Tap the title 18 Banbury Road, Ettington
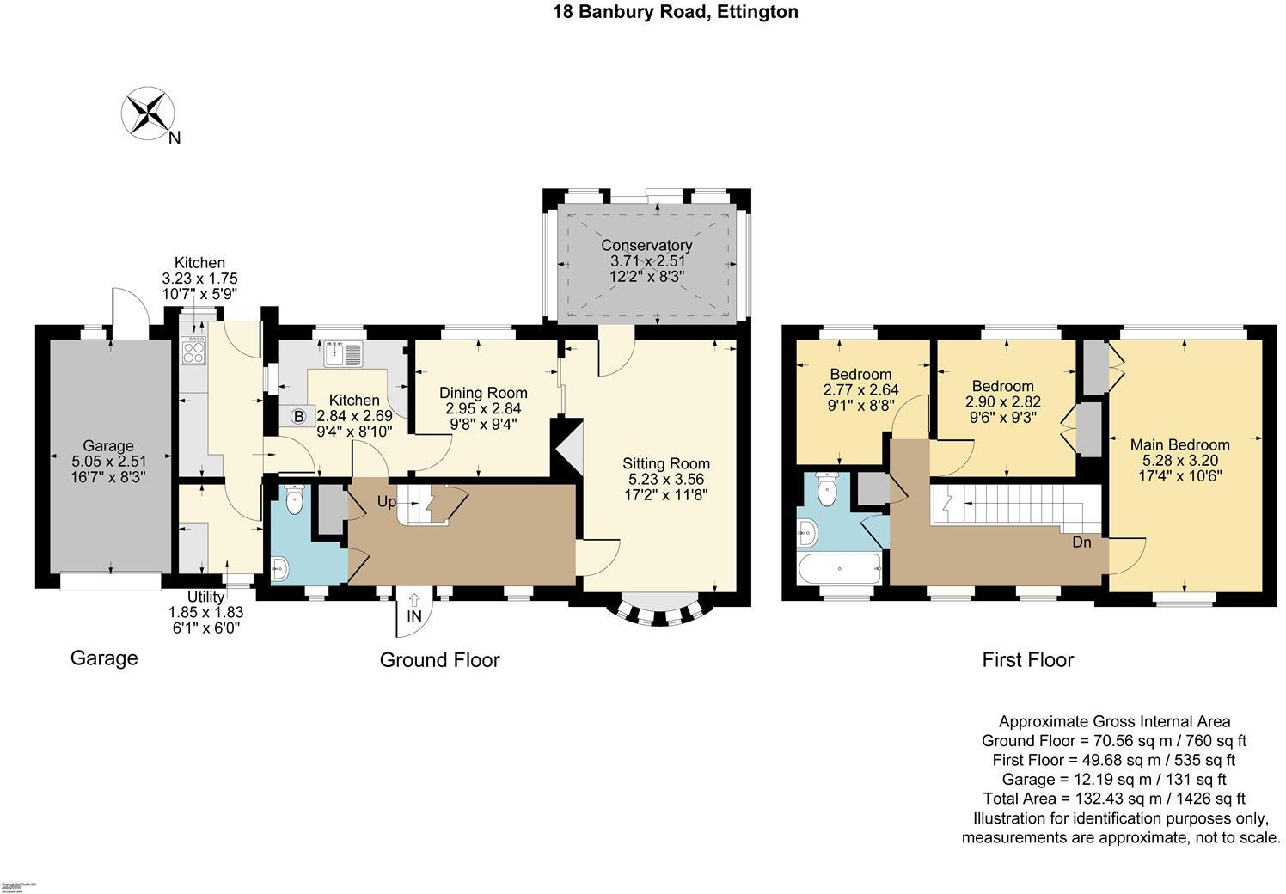[x=675, y=12]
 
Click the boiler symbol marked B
[x=299, y=417]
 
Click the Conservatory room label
[x=646, y=245]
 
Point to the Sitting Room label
[x=666, y=463]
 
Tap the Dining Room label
[x=483, y=393]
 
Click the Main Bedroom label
[x=1179, y=444]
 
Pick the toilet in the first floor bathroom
[x=826, y=491]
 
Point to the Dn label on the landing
[x=1081, y=542]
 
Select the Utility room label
[x=205, y=597]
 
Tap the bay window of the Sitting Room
[x=658, y=609]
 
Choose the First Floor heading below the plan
[x=1027, y=659]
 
